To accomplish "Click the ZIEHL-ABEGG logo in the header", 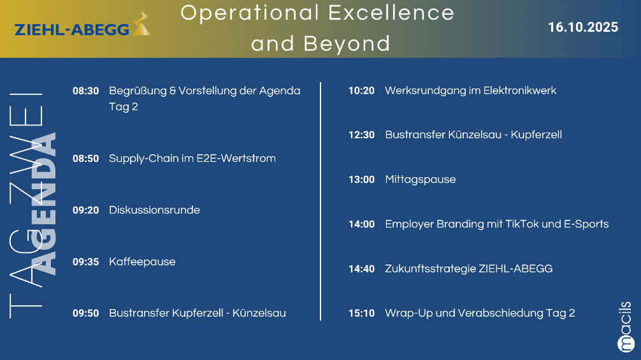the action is pyautogui.click(x=82, y=24).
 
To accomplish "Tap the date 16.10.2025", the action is pyautogui.click(x=583, y=27).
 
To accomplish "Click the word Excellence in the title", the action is pyautogui.click(x=391, y=13).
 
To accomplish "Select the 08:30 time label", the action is pyautogui.click(x=86, y=90).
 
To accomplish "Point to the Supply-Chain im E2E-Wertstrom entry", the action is pyautogui.click(x=192, y=159).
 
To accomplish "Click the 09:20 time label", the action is pyautogui.click(x=86, y=210).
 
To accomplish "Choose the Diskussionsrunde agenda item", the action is pyautogui.click(x=155, y=210).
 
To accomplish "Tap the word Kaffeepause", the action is pyautogui.click(x=142, y=262).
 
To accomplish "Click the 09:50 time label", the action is pyautogui.click(x=86, y=313).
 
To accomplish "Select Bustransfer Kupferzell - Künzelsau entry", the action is pyautogui.click(x=198, y=313).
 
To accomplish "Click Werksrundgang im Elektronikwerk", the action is pyautogui.click(x=470, y=90).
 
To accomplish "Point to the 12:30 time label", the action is pyautogui.click(x=361, y=135).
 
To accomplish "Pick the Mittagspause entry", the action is pyautogui.click(x=421, y=180).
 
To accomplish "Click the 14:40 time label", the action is pyautogui.click(x=361, y=269).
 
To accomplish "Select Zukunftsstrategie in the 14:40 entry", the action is pyautogui.click(x=431, y=269).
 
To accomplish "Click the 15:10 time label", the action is pyautogui.click(x=361, y=313).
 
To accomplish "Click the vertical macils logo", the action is pyautogui.click(x=626, y=327).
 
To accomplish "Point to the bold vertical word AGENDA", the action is pyautogui.click(x=43, y=203).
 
